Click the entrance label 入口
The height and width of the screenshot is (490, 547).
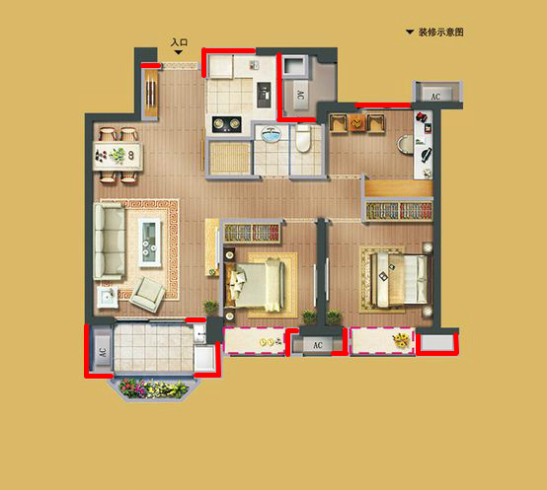click(x=179, y=43)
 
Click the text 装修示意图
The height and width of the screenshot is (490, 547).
click(x=440, y=33)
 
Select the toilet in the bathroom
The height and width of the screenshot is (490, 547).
click(x=303, y=141)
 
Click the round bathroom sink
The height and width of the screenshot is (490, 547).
click(x=268, y=135)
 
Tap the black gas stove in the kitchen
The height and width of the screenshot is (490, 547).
click(x=225, y=123)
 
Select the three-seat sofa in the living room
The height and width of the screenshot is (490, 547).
click(x=109, y=242)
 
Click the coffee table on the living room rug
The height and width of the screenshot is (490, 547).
click(x=151, y=241)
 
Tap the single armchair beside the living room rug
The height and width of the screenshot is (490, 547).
click(x=150, y=291)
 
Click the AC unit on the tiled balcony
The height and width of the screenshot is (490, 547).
click(x=102, y=351)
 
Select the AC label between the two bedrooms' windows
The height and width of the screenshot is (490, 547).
click(x=318, y=346)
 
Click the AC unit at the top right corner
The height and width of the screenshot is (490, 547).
click(x=434, y=95)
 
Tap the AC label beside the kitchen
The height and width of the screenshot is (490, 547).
click(x=299, y=96)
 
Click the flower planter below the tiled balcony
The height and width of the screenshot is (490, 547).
click(x=156, y=389)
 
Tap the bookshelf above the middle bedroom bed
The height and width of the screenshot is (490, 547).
click(x=252, y=233)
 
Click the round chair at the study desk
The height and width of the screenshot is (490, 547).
click(x=407, y=145)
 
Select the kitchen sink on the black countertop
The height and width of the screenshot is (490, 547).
click(x=262, y=96)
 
